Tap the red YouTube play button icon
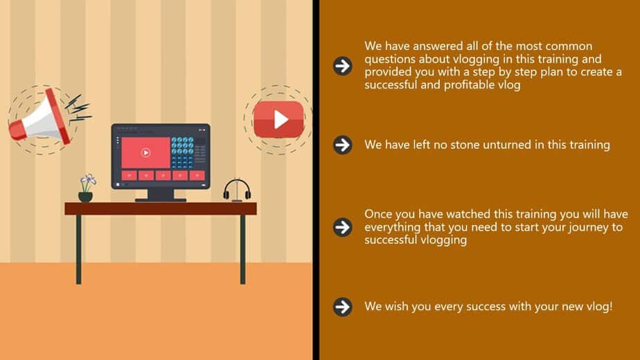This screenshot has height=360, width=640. [278, 119]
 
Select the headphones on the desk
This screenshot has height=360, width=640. [237, 190]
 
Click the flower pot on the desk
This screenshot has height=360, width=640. [86, 197]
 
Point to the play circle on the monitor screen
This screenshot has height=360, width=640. [145, 152]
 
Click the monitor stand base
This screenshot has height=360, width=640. [161, 200]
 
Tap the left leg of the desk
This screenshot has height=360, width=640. [78, 249]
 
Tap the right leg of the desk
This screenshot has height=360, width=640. [242, 249]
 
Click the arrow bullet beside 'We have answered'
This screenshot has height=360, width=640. [342, 66]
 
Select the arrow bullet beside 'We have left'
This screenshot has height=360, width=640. [342, 145]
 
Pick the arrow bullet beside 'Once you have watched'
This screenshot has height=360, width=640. [342, 227]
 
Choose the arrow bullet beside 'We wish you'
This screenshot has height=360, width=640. [342, 307]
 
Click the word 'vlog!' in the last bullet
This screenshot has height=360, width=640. [599, 307]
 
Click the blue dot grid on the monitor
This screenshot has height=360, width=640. [182, 152]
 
